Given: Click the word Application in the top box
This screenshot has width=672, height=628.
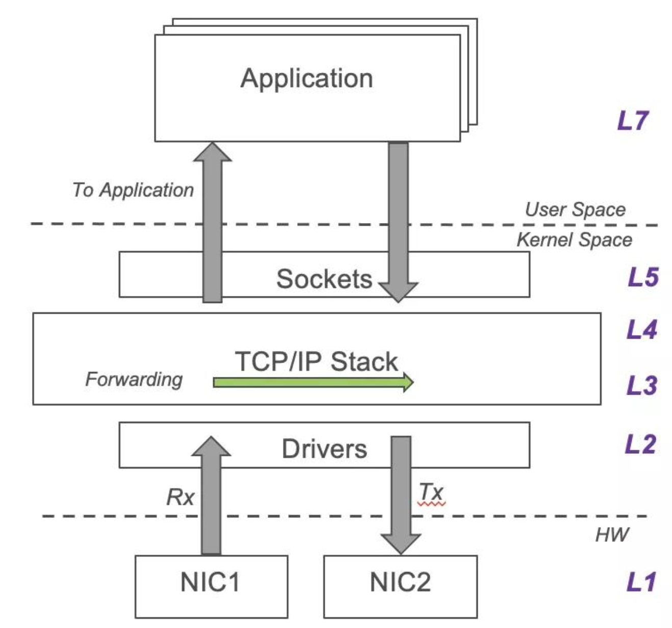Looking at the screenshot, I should click(306, 78).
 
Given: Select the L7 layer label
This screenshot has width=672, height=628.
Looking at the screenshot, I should click(632, 121).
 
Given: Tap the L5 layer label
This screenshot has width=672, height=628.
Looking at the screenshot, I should click(642, 277).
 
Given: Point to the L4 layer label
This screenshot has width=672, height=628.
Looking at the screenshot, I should click(641, 330).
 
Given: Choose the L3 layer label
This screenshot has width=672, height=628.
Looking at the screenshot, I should click(641, 385).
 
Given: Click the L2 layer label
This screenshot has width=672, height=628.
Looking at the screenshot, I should click(640, 445).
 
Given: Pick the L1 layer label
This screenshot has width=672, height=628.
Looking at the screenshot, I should click(641, 582).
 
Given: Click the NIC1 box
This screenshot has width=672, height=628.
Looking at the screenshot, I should click(211, 586).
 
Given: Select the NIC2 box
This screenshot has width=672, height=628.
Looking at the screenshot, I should click(400, 586).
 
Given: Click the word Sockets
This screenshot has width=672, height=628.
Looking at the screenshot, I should click(324, 279).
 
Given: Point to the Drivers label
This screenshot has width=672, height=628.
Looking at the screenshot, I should click(324, 449).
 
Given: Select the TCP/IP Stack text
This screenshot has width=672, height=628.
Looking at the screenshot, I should click(316, 362).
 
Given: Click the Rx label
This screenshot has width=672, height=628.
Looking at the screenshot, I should click(180, 497).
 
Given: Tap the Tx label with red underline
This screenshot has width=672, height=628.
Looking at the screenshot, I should click(431, 493).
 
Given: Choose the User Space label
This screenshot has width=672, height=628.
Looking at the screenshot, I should click(575, 209).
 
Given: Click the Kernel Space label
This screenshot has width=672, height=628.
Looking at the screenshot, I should click(574, 239).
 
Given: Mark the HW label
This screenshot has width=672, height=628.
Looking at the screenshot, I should click(612, 534).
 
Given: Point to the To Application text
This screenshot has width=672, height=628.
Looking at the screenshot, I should click(133, 190).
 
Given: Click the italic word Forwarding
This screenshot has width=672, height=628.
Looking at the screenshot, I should click(134, 379).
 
